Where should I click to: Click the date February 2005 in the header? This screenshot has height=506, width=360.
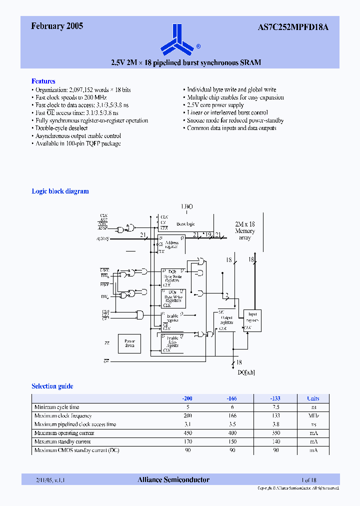(57, 26)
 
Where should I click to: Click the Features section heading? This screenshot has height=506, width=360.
(43, 81)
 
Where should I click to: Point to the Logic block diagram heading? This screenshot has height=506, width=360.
(60, 191)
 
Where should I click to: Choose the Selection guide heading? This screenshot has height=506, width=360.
(52, 386)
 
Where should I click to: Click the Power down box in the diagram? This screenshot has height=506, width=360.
(129, 343)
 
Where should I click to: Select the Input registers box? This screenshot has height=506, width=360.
(252, 317)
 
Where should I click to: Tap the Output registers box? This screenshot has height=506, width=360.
(226, 320)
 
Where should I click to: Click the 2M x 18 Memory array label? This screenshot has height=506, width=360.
(245, 231)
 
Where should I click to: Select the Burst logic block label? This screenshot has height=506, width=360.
(185, 224)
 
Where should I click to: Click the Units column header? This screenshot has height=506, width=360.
(313, 398)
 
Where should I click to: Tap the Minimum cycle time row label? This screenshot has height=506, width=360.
(56, 407)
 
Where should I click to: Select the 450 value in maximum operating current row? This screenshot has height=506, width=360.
(187, 433)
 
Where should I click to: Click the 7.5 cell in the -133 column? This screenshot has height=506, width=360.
(275, 407)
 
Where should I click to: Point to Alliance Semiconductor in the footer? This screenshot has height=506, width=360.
(173, 479)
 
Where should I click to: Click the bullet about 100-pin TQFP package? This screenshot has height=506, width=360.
(78, 143)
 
